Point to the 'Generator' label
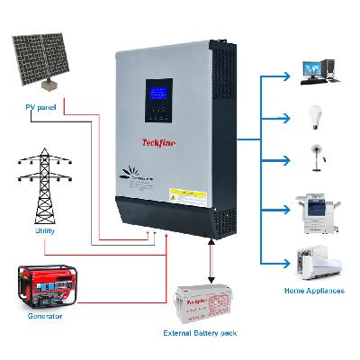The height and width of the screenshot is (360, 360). tap(42, 317)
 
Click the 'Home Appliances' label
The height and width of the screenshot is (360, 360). tap(314, 292)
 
